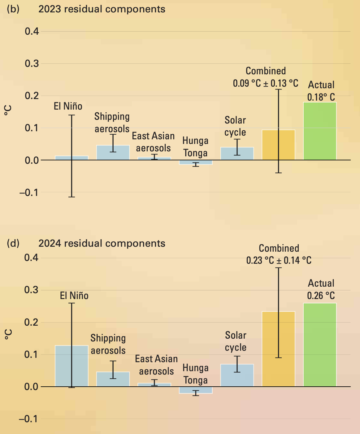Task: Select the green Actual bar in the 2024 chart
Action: [320, 345]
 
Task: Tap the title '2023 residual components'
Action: [102, 9]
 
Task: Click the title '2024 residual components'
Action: [102, 244]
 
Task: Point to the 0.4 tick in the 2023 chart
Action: [32, 31]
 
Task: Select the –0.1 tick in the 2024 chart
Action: [28, 419]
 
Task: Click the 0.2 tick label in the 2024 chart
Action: [32, 322]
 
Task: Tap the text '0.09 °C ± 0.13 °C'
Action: [266, 83]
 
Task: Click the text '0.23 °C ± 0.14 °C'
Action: [279, 260]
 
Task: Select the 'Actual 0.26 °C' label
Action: [321, 289]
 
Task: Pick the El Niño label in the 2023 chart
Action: [68, 106]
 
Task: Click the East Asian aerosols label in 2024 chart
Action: [156, 365]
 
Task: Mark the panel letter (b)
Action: [13, 9]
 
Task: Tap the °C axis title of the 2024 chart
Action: [8, 334]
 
